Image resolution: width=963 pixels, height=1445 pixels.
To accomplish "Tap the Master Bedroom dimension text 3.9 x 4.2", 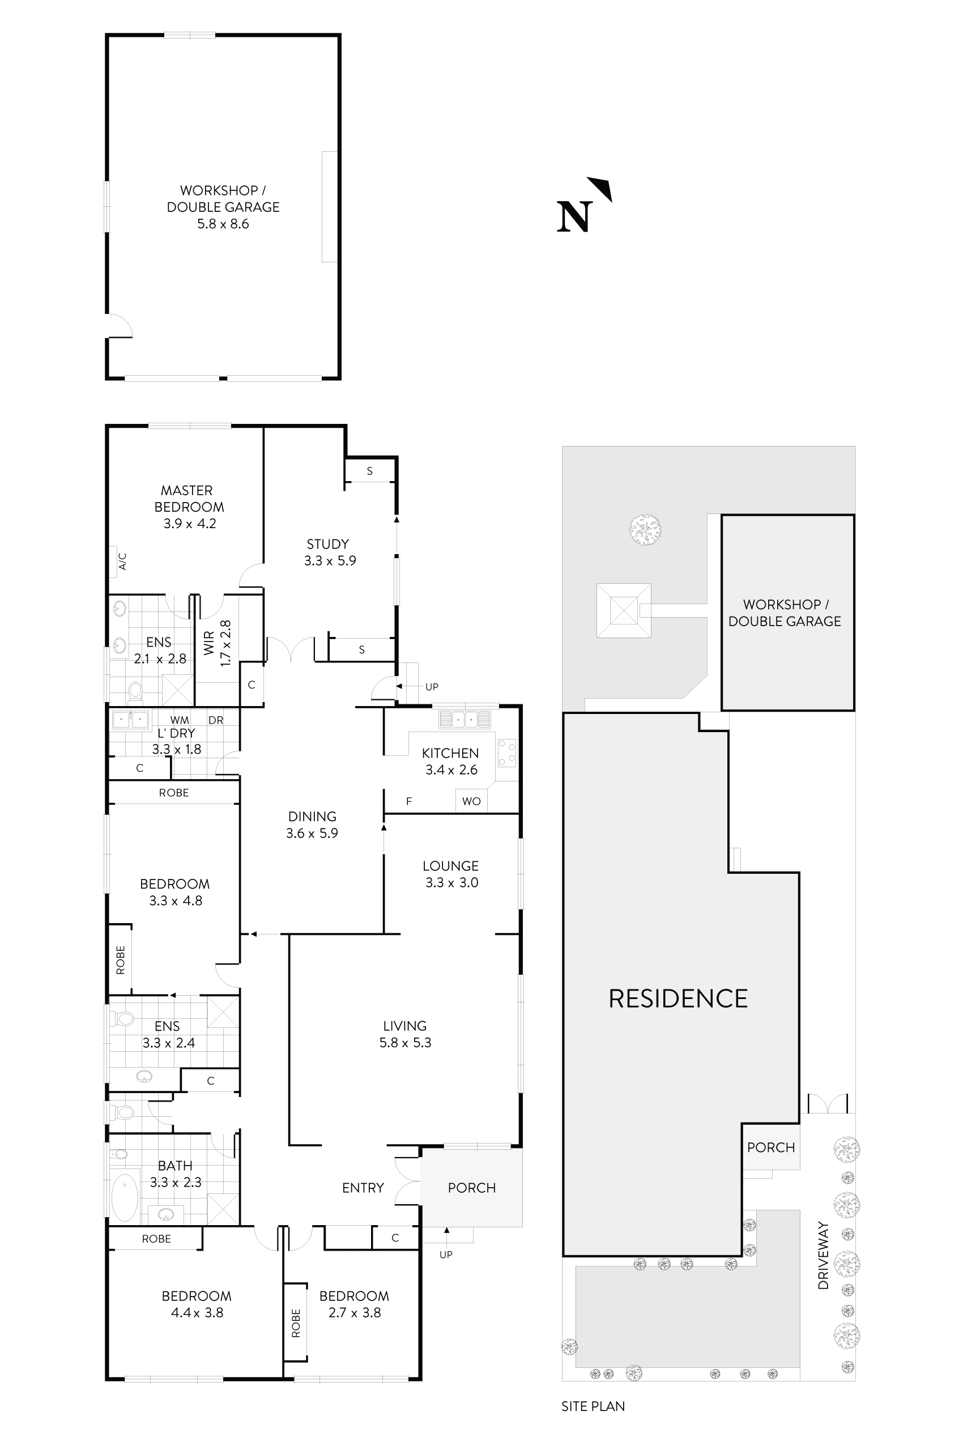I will [189, 524].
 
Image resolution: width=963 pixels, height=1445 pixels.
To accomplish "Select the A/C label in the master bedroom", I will [122, 561].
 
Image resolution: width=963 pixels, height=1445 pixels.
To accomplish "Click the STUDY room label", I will [328, 544].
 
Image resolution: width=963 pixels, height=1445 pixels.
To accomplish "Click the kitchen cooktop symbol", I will [506, 753].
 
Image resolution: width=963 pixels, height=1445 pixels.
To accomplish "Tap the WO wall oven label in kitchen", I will [471, 801].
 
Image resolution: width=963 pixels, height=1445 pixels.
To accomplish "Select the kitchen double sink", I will [465, 720].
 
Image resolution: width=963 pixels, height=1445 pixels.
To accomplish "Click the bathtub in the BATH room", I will [125, 1198].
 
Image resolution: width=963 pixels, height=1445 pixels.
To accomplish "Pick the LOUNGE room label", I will [450, 866].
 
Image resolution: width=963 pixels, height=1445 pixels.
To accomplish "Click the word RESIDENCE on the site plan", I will [678, 999].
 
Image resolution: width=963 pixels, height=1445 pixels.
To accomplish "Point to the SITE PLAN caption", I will [593, 1406].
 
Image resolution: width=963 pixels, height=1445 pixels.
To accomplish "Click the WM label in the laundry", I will [180, 720].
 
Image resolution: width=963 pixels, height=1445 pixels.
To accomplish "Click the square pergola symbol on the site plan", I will [623, 611].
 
